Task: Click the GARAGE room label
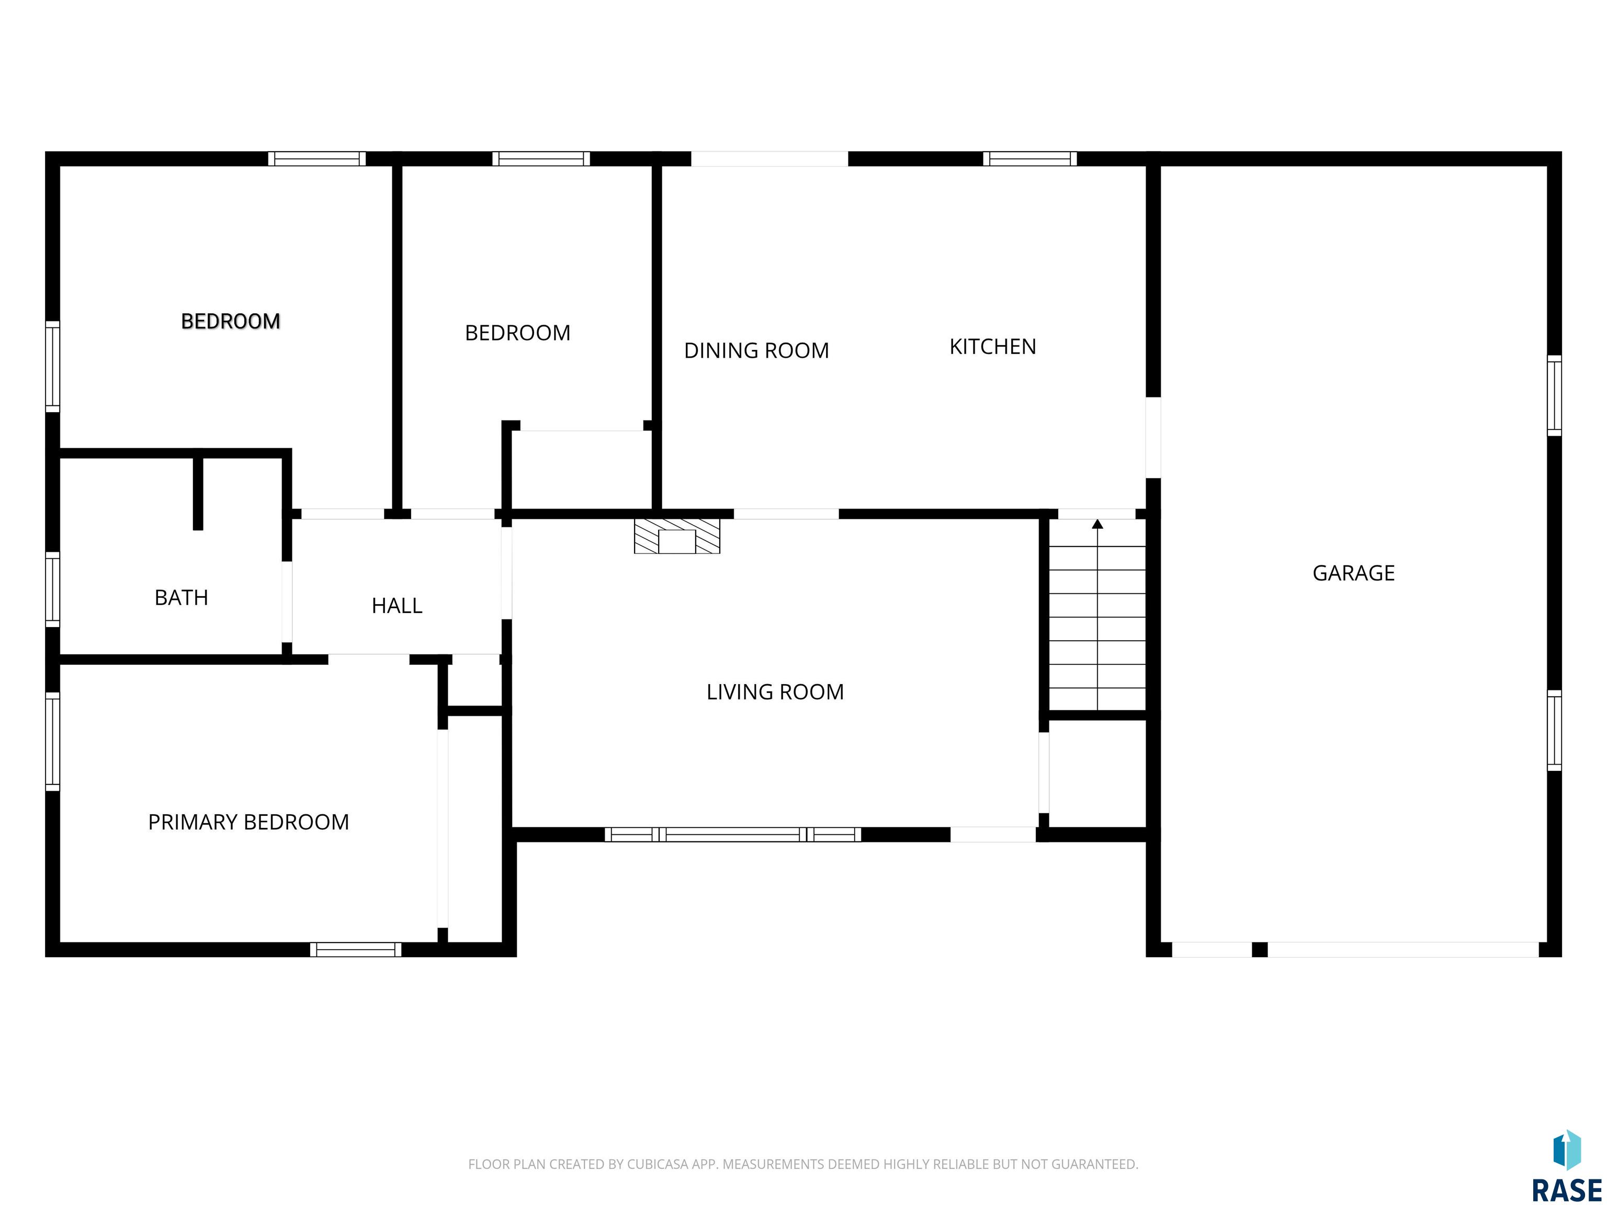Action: pyautogui.click(x=1353, y=573)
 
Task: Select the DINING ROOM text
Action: pyautogui.click(x=756, y=351)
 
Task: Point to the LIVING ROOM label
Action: pyautogui.click(x=775, y=691)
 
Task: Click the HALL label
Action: pyautogui.click(x=397, y=606)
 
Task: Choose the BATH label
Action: pyautogui.click(x=182, y=598)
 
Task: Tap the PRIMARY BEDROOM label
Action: pyautogui.click(x=248, y=822)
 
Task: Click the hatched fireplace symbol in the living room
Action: pyautogui.click(x=677, y=537)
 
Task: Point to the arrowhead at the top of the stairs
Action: pyautogui.click(x=1097, y=524)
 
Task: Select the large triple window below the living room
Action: pyautogui.click(x=732, y=835)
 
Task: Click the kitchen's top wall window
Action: pyautogui.click(x=1029, y=159)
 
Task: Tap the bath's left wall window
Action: pyautogui.click(x=52, y=589)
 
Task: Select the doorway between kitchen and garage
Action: pyautogui.click(x=1153, y=437)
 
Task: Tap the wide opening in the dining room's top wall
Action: pyautogui.click(x=769, y=159)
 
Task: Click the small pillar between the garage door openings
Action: pyautogui.click(x=1260, y=949)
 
